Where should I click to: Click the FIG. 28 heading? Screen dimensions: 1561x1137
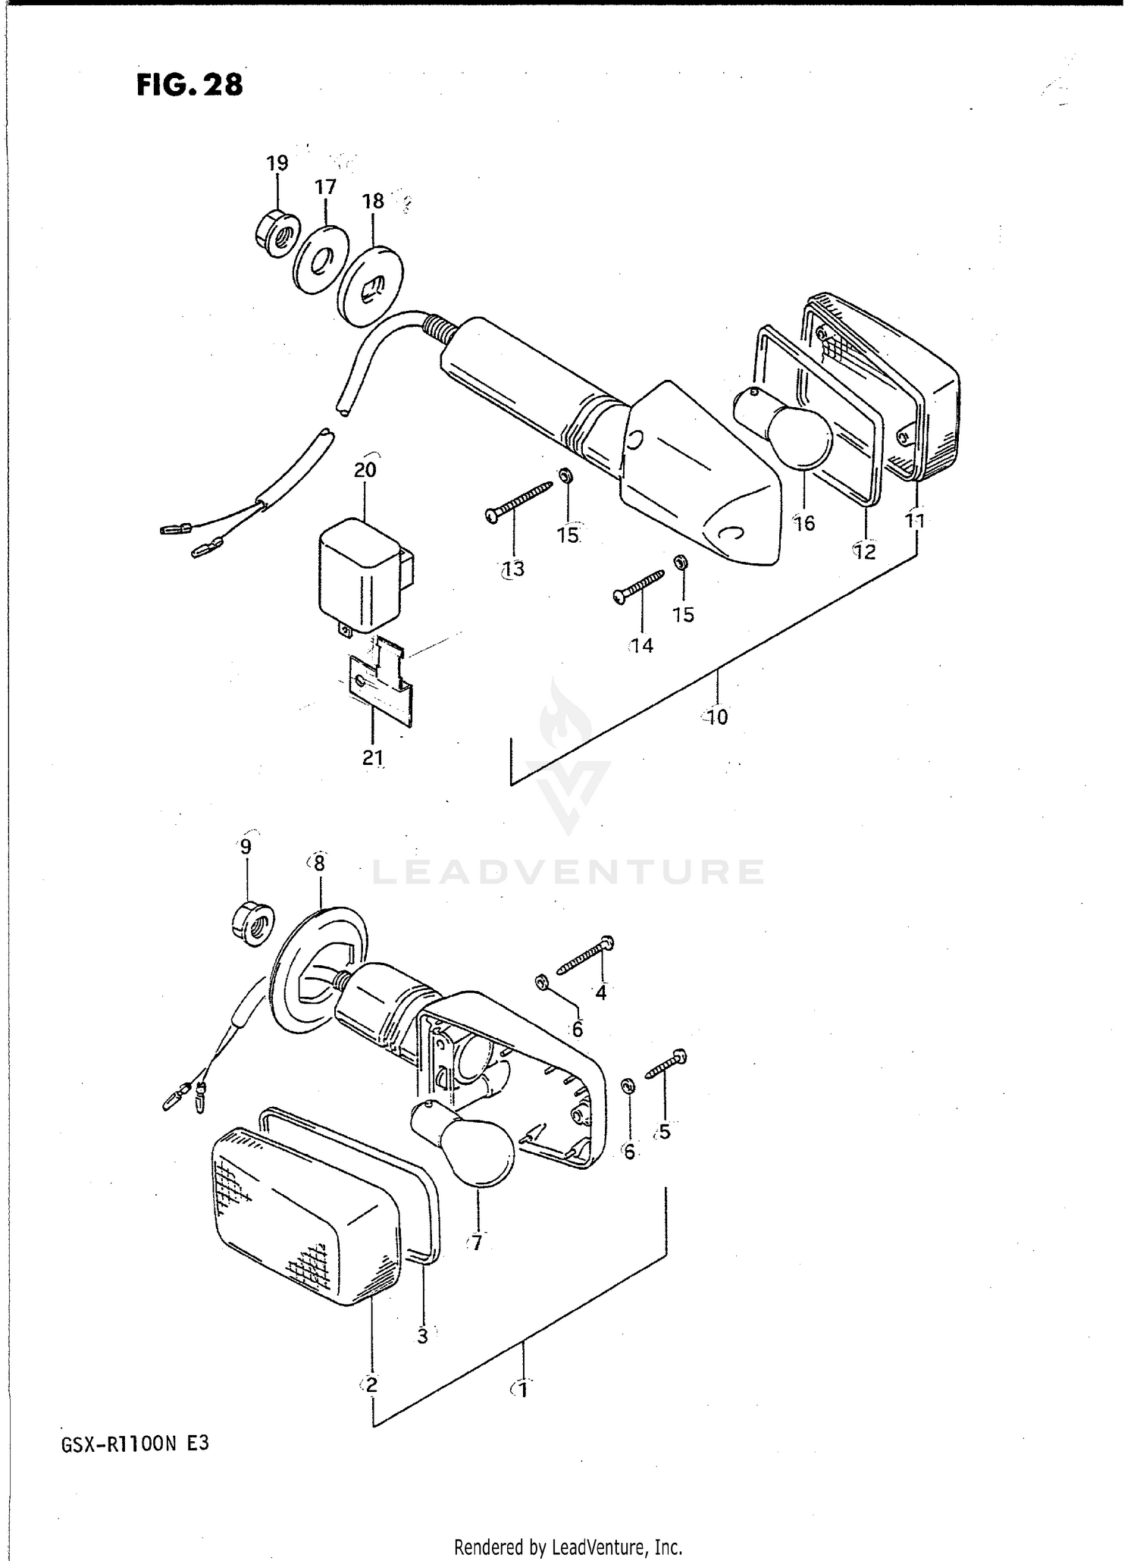click(189, 84)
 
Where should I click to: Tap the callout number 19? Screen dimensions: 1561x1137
click(277, 163)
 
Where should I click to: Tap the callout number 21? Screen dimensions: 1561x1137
click(372, 757)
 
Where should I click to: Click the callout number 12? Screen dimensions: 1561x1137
click(863, 552)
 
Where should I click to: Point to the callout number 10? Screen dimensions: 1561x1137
click(716, 716)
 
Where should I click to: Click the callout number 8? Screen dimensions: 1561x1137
click(318, 863)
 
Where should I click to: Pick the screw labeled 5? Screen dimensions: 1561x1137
click(666, 1064)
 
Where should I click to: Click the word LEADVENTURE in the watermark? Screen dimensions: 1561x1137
click(568, 872)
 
